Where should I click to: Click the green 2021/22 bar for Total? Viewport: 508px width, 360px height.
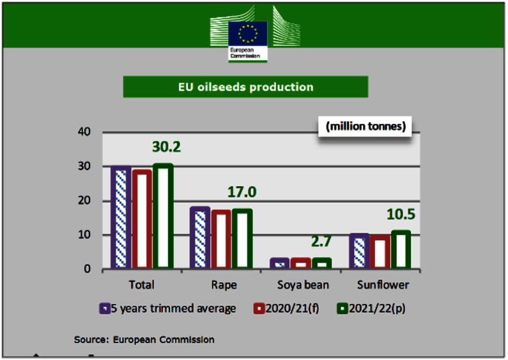[163, 216]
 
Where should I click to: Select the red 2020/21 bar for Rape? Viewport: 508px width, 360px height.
[221, 239]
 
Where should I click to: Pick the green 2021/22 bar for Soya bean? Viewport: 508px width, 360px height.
[322, 263]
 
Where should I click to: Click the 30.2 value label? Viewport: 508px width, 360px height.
[166, 147]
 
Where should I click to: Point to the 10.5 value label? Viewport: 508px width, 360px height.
[401, 214]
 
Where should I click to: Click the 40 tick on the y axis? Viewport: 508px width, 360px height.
[84, 132]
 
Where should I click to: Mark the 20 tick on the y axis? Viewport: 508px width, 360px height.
[84, 200]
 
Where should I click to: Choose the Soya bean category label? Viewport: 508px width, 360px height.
[303, 285]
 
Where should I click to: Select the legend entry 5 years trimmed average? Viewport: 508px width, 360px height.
[168, 308]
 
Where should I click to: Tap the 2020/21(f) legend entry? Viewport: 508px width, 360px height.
[285, 308]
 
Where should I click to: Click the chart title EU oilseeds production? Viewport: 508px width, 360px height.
[246, 87]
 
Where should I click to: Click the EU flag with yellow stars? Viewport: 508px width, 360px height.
[248, 33]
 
